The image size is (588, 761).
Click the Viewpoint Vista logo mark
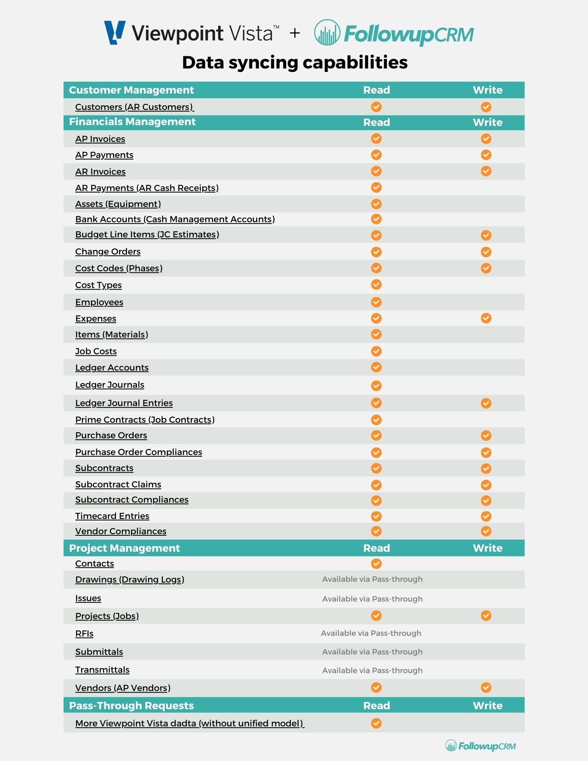pyautogui.click(x=115, y=32)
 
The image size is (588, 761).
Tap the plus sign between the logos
pyautogui.click(x=295, y=33)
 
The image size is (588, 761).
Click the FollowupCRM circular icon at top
pyautogui.click(x=327, y=33)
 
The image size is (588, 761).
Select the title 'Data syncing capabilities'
pyautogui.click(x=295, y=62)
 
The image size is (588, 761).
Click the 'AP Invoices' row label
pyautogui.click(x=100, y=139)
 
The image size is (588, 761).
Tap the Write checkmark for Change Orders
pyautogui.click(x=486, y=252)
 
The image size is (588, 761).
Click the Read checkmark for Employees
pyautogui.click(x=376, y=302)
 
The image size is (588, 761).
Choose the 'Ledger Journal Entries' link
pyautogui.click(x=124, y=403)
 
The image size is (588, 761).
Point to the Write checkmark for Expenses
pyautogui.click(x=486, y=318)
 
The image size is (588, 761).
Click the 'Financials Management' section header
pyautogui.click(x=132, y=122)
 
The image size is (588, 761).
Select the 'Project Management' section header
pyautogui.click(x=124, y=548)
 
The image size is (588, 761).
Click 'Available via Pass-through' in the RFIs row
pyautogui.click(x=371, y=633)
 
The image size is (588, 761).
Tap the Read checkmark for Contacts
pyautogui.click(x=376, y=564)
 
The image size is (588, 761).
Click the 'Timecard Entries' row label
pyautogui.click(x=112, y=516)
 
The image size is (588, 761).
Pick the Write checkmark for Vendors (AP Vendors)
pyautogui.click(x=486, y=688)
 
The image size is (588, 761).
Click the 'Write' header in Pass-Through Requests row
pyautogui.click(x=488, y=705)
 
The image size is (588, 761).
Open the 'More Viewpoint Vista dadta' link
pyautogui.click(x=190, y=723)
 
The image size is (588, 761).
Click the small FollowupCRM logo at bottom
pyautogui.click(x=480, y=746)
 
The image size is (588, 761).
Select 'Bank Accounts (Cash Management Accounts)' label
pyautogui.click(x=175, y=219)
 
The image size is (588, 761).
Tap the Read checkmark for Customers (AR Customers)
pyautogui.click(x=376, y=107)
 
